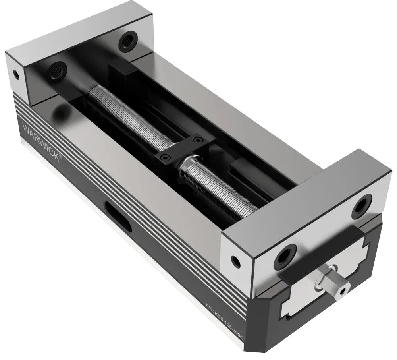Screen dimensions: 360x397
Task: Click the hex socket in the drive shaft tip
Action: point(342,294)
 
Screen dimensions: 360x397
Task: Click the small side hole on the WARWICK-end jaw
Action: point(16,74)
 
